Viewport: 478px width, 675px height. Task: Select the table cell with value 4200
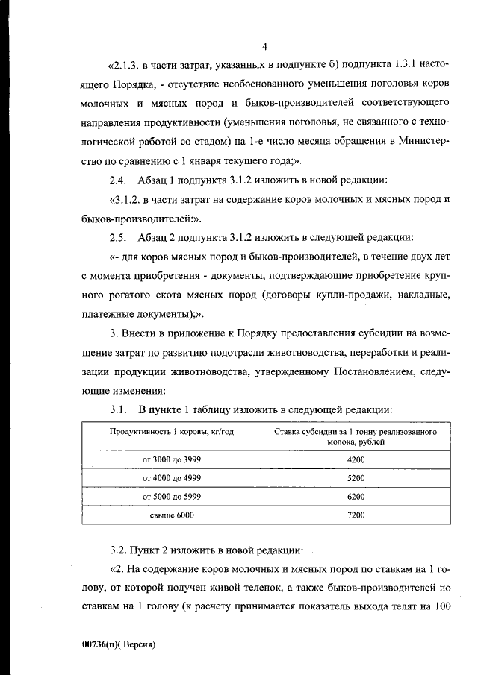pyautogui.click(x=356, y=460)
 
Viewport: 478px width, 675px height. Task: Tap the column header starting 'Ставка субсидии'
pyautogui.click(x=356, y=436)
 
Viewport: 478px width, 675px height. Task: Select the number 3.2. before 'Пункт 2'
pyautogui.click(x=119, y=551)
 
